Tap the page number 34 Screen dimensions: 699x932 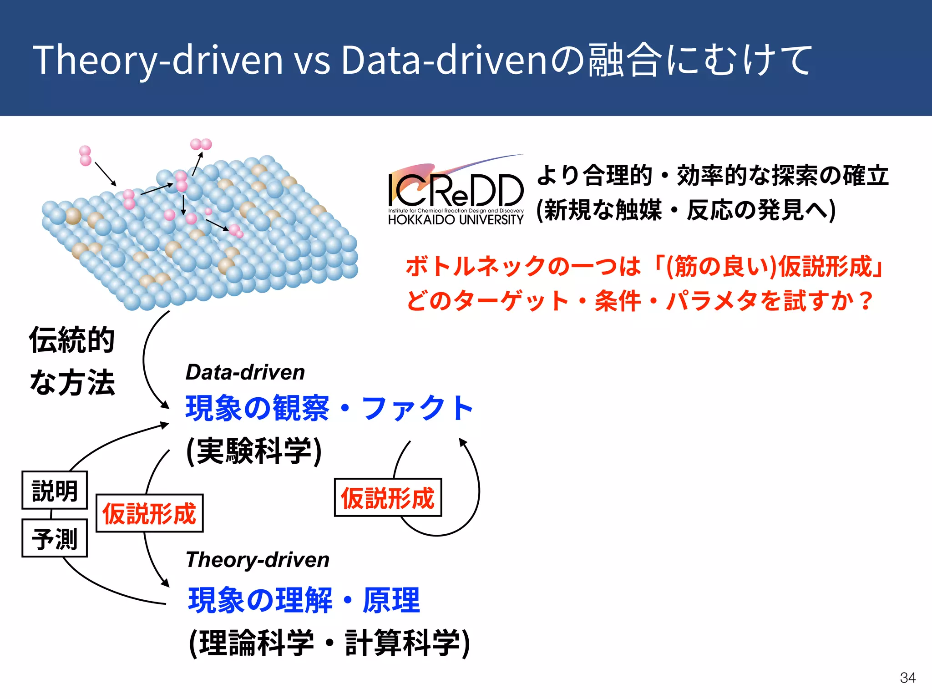tap(907, 678)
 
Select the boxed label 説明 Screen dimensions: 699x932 tap(55, 491)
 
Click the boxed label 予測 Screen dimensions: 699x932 tap(55, 538)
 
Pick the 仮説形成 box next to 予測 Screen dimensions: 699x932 tap(149, 513)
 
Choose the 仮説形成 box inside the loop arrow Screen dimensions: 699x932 tap(388, 497)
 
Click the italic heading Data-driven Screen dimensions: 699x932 tap(245, 372)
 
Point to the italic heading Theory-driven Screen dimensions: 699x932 tap(258, 560)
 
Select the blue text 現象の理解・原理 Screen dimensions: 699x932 tap(304, 600)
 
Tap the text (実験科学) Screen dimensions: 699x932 tap(254, 451)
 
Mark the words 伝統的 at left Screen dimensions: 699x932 tap(72, 340)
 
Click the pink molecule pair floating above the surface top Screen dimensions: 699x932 tap(201, 144)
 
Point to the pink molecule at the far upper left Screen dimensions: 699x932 tap(85, 156)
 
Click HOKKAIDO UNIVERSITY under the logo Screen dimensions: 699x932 tap(456, 220)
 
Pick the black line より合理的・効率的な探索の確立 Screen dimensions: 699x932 tap(713, 176)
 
